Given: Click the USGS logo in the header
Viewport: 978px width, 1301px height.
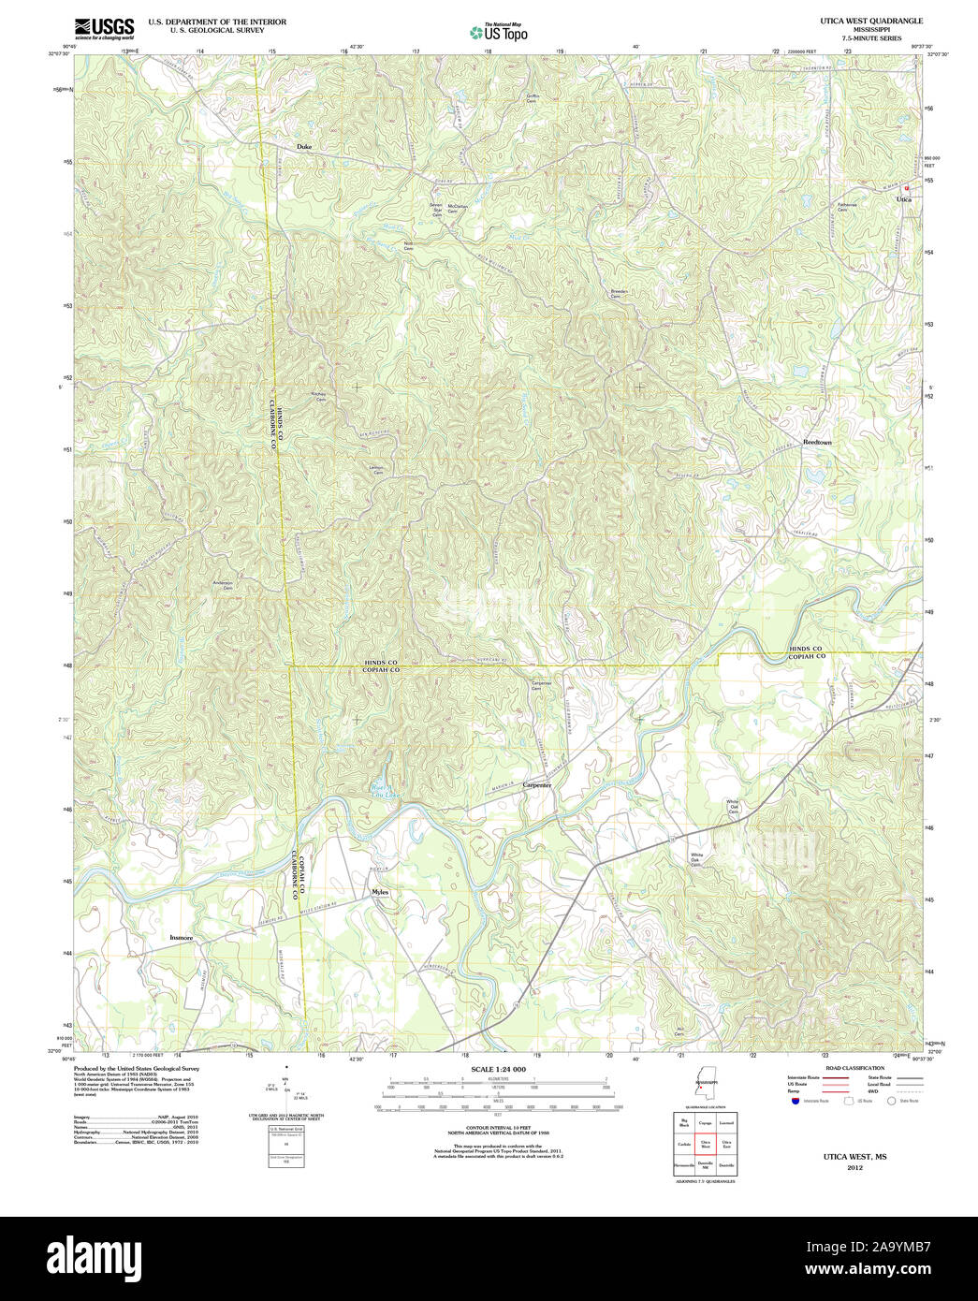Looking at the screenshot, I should click(104, 27).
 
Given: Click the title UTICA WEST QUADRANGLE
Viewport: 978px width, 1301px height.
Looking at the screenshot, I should click(871, 21).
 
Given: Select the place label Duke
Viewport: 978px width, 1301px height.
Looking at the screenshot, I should click(304, 147).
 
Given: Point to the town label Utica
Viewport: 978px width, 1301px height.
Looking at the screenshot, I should click(903, 199).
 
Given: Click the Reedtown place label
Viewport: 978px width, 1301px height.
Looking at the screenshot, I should click(816, 442).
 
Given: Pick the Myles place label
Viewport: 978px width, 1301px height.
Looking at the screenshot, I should click(379, 892).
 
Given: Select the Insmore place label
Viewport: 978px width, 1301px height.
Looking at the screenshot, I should click(182, 937).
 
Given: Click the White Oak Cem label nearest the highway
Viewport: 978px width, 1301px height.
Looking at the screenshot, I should click(696, 859).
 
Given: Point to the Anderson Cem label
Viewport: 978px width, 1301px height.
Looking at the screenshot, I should click(223, 585).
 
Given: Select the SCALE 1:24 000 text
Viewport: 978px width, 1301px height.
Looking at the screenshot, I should click(498, 1069).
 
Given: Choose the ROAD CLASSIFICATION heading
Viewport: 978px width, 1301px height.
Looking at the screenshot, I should click(854, 1068).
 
